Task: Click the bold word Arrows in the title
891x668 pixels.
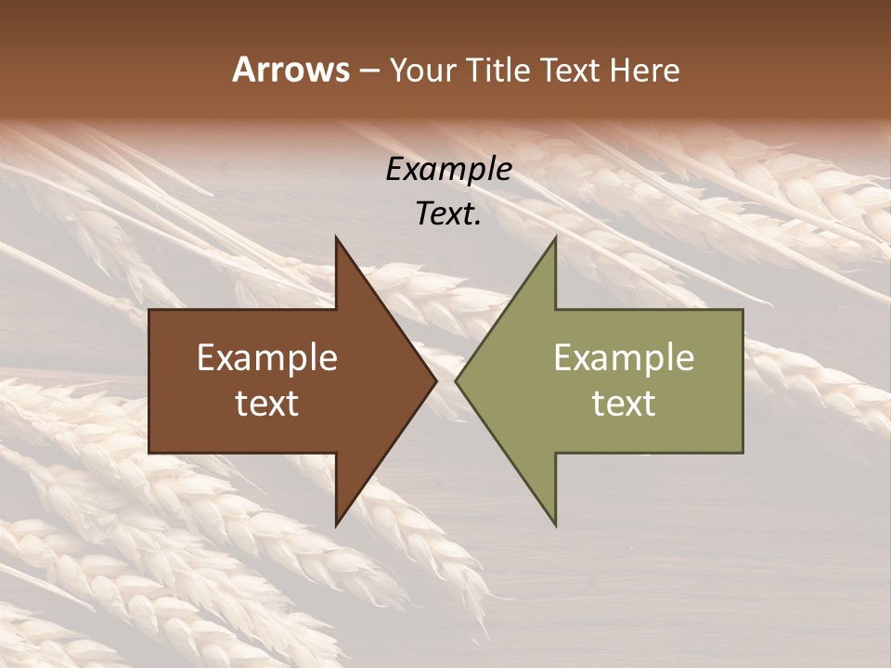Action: click(291, 70)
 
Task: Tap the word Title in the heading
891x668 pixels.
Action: click(499, 70)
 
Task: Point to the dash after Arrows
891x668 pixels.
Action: click(368, 71)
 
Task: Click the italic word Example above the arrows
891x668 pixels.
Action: click(448, 169)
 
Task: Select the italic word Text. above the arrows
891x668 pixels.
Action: click(448, 213)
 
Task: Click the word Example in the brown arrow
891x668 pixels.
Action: click(266, 357)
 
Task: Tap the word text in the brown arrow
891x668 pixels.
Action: click(266, 403)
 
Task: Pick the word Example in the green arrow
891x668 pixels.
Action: click(624, 357)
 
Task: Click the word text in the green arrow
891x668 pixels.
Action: click(624, 403)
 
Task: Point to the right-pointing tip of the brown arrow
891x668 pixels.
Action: click(435, 380)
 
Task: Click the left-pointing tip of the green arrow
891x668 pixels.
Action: click(457, 380)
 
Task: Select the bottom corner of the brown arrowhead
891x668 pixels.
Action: click(337, 524)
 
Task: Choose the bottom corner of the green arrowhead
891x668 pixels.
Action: click(555, 524)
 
